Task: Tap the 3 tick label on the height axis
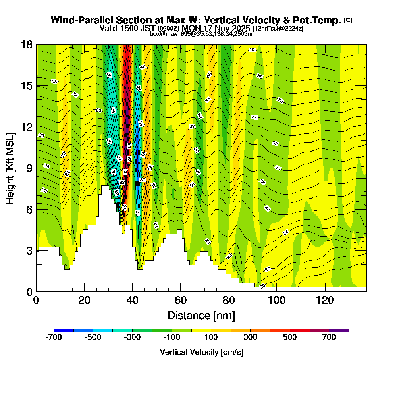tap(29, 251)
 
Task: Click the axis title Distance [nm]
tap(201, 315)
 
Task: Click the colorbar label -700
tap(54, 338)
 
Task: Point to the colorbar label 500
tap(290, 338)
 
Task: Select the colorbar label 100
tap(211, 338)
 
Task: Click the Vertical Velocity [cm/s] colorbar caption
tap(201, 352)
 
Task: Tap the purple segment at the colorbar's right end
tap(339, 330)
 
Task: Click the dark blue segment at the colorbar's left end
tap(63, 330)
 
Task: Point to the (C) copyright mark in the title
tap(348, 20)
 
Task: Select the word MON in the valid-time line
tap(191, 28)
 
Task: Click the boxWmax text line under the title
tap(201, 34)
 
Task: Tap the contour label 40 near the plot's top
tap(252, 50)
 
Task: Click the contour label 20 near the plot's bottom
tap(262, 286)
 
